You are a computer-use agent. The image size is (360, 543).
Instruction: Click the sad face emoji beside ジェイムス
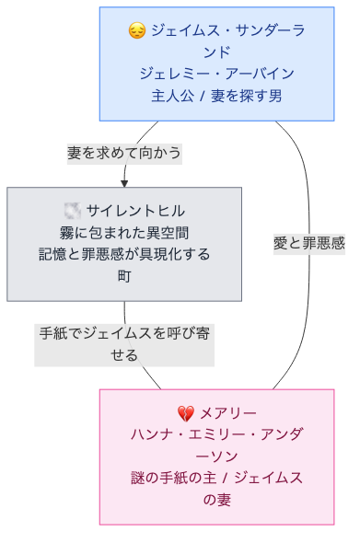tap(136, 31)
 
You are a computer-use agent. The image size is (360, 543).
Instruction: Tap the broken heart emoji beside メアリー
tap(186, 413)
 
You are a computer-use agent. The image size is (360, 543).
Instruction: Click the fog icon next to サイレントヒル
tap(73, 211)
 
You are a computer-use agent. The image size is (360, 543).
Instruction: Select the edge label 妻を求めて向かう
tap(124, 153)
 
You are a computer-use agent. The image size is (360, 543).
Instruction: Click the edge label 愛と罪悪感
tap(308, 244)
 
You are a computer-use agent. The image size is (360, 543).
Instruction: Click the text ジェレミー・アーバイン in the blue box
tap(216, 74)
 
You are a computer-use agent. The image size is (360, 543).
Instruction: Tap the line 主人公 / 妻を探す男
tap(216, 95)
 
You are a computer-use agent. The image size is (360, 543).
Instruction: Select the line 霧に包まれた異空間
tap(124, 232)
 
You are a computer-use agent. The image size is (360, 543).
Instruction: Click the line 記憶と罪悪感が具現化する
tap(124, 253)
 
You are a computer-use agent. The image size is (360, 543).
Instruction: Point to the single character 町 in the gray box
tap(124, 274)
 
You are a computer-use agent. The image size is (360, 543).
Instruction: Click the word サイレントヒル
tap(135, 211)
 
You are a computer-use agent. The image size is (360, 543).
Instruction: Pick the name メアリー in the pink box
tap(227, 413)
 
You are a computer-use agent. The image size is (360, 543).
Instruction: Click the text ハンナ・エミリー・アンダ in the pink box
tap(216, 434)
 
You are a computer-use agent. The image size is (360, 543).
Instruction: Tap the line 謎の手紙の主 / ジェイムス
tap(216, 478)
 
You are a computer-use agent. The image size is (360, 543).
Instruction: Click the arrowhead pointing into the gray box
tap(124, 182)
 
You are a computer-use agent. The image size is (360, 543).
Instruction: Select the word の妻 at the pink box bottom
tap(216, 499)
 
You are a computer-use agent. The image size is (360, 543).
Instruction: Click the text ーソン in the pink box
tap(216, 456)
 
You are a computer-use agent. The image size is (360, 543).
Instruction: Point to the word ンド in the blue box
tap(216, 52)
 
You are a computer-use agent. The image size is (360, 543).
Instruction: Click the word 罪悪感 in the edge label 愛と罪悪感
tap(321, 244)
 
